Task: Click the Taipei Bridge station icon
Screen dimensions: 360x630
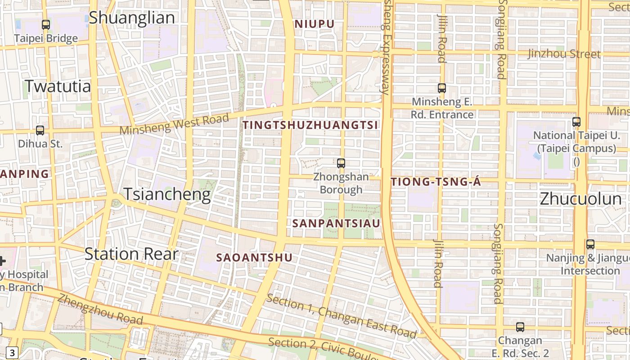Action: pyautogui.click(x=45, y=25)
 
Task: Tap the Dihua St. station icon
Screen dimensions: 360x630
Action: pyautogui.click(x=40, y=130)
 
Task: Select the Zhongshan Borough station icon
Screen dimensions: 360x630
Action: pyautogui.click(x=341, y=163)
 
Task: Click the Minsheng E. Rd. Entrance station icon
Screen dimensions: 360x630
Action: pyautogui.click(x=442, y=88)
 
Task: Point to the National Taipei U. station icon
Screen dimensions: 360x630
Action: pyautogui.click(x=576, y=121)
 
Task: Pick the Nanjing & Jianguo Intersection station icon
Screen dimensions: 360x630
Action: pyautogui.click(x=590, y=244)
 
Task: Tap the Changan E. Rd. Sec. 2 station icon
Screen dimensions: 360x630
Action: pyautogui.click(x=520, y=327)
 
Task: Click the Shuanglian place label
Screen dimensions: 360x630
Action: pyautogui.click(x=131, y=18)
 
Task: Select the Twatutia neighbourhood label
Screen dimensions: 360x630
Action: pyautogui.click(x=58, y=86)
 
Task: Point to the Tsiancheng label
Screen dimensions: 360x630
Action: pyautogui.click(x=167, y=194)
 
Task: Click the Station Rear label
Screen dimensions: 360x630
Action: pyautogui.click(x=131, y=254)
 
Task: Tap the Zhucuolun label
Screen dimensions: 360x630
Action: pyautogui.click(x=580, y=199)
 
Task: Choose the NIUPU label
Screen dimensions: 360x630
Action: pyautogui.click(x=315, y=24)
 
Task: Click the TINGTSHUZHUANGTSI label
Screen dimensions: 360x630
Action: pyautogui.click(x=311, y=126)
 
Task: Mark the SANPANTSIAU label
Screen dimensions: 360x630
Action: pyautogui.click(x=336, y=223)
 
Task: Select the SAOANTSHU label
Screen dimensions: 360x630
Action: pyautogui.click(x=254, y=257)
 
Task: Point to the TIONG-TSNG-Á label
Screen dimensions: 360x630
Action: pyautogui.click(x=436, y=182)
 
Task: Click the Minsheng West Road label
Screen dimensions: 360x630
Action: pyautogui.click(x=175, y=124)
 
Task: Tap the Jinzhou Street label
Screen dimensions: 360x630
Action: pyautogui.click(x=564, y=54)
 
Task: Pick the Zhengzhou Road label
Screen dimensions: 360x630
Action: pyautogui.click(x=100, y=310)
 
